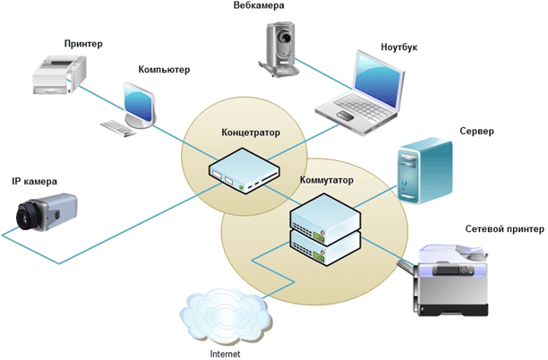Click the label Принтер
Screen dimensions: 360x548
tap(83, 43)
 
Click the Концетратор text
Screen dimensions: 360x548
tap(251, 133)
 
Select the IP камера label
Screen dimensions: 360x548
tap(34, 181)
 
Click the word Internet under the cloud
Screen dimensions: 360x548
tap(225, 353)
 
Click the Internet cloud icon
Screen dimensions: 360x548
tap(225, 313)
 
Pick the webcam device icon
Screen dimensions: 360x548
tap(281, 45)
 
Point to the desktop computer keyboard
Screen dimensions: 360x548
tap(118, 128)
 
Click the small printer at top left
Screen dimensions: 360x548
tap(57, 74)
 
